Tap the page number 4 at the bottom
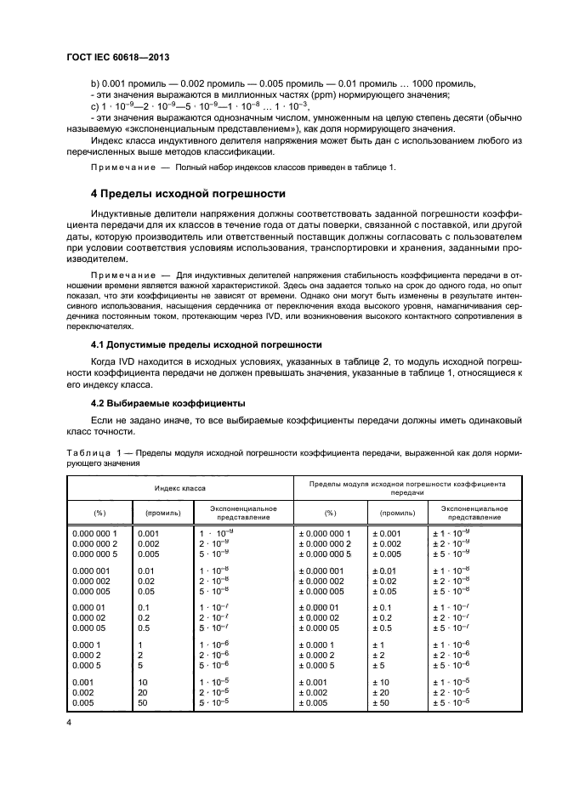pyautogui.click(x=70, y=722)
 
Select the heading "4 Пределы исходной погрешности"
pyautogui.click(x=188, y=194)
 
